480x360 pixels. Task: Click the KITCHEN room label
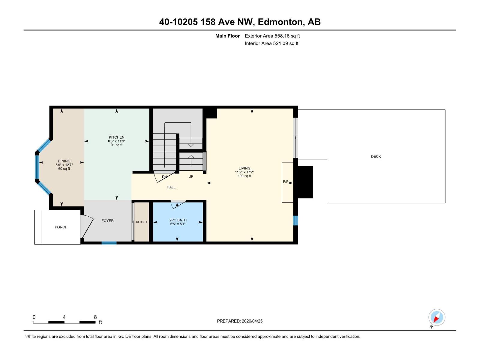tap(116, 137)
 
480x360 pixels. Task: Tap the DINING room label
tap(64, 161)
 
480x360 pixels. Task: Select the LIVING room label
tap(244, 168)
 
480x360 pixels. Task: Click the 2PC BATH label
tap(178, 220)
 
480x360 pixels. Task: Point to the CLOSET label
tap(142, 222)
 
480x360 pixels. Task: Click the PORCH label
tap(61, 227)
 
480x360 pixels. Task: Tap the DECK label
tap(376, 156)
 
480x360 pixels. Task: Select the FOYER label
tap(107, 220)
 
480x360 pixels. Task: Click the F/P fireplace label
tap(286, 182)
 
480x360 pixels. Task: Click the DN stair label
tap(164, 177)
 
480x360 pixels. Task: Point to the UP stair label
tap(191, 176)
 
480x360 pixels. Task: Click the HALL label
tap(171, 187)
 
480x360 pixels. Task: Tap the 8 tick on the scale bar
tap(95, 317)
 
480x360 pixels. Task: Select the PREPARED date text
tap(240, 321)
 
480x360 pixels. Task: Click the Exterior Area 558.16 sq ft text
tap(272, 36)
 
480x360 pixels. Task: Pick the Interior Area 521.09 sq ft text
tap(271, 43)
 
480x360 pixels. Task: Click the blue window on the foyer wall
tap(109, 243)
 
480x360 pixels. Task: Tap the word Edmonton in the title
tap(280, 22)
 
